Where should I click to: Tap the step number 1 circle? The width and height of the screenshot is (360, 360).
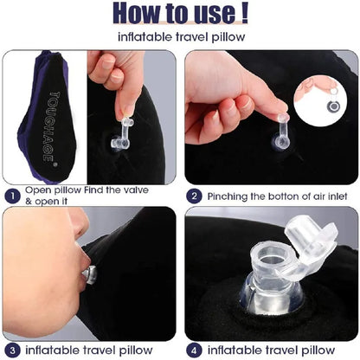point(11,196)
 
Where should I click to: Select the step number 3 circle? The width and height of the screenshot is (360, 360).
point(11,350)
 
